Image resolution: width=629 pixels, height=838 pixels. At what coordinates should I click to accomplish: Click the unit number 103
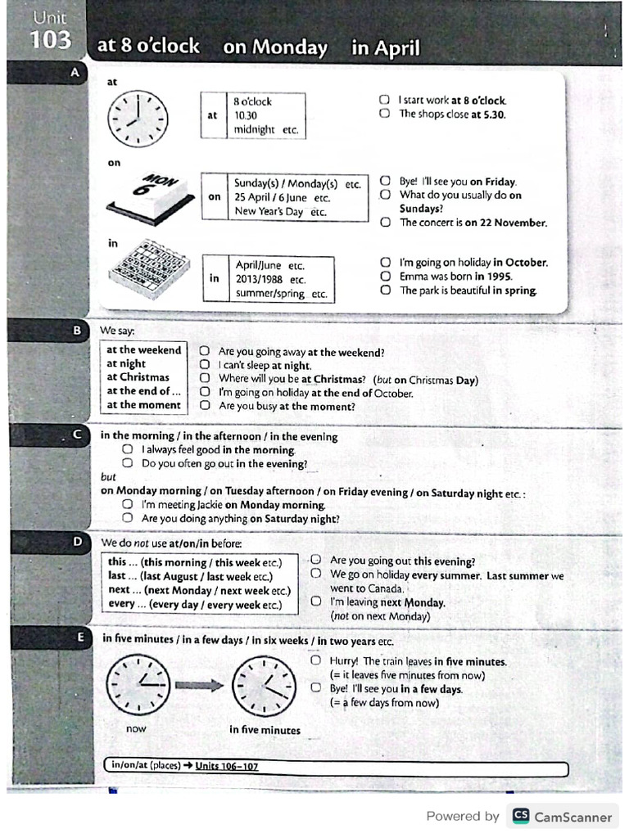point(51,40)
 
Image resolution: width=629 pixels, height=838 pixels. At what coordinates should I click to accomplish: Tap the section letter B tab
point(77,330)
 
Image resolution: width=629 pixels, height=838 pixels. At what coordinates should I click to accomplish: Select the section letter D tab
point(77,542)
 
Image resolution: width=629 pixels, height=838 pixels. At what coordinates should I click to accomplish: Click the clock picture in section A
point(138,119)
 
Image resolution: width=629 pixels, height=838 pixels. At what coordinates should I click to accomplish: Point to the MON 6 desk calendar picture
point(149,200)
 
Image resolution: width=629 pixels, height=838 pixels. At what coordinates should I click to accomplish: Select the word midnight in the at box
point(255,129)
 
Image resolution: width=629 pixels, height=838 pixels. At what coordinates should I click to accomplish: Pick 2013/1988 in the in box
point(258,279)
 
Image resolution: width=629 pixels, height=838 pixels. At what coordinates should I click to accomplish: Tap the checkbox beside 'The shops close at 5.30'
point(384,114)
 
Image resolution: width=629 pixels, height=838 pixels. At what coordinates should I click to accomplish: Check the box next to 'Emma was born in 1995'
point(385,277)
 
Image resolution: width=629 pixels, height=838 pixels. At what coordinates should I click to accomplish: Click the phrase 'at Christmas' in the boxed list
point(138,377)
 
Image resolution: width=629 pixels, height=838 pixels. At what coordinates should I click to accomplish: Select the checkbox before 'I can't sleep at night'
point(205,366)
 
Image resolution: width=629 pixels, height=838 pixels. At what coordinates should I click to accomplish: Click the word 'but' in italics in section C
point(108,476)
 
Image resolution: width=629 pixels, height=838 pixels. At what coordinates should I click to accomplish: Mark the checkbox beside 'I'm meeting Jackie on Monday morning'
point(127,504)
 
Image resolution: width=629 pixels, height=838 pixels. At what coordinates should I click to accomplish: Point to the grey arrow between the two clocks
point(199,685)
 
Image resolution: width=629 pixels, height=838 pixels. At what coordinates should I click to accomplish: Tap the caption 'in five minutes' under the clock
point(265,730)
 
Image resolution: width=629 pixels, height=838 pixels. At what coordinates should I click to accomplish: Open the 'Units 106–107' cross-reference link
point(226,766)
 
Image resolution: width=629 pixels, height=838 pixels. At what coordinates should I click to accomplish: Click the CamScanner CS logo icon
point(520,816)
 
